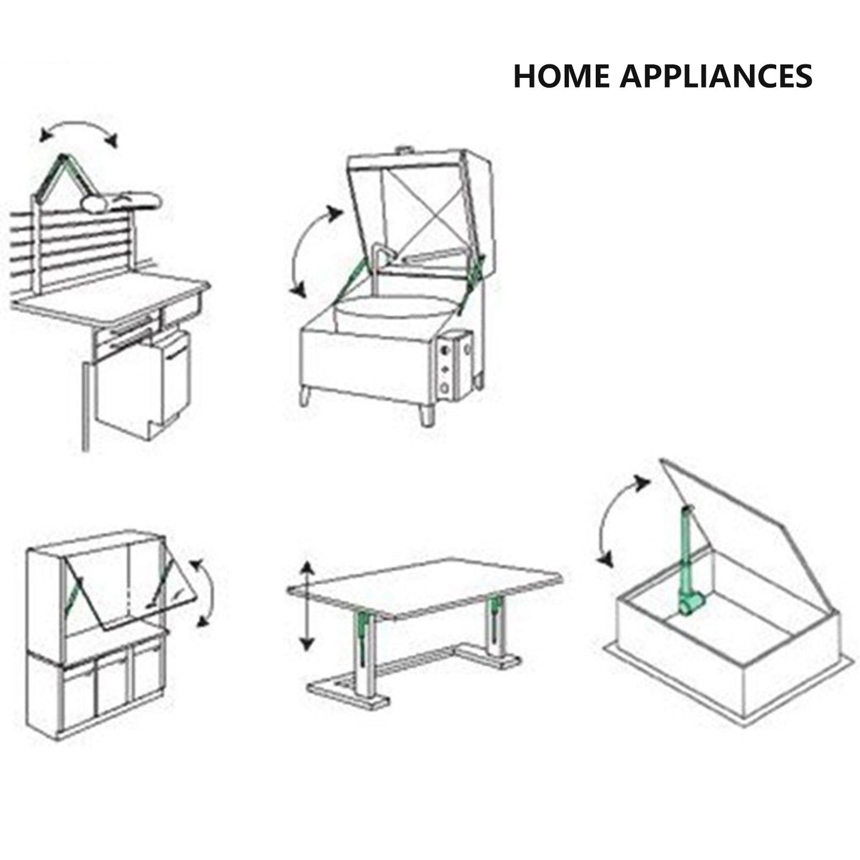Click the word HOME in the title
pos(561,76)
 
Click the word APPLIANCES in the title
pos(716,76)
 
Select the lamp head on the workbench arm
pos(120,201)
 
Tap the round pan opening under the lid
pos(397,312)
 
